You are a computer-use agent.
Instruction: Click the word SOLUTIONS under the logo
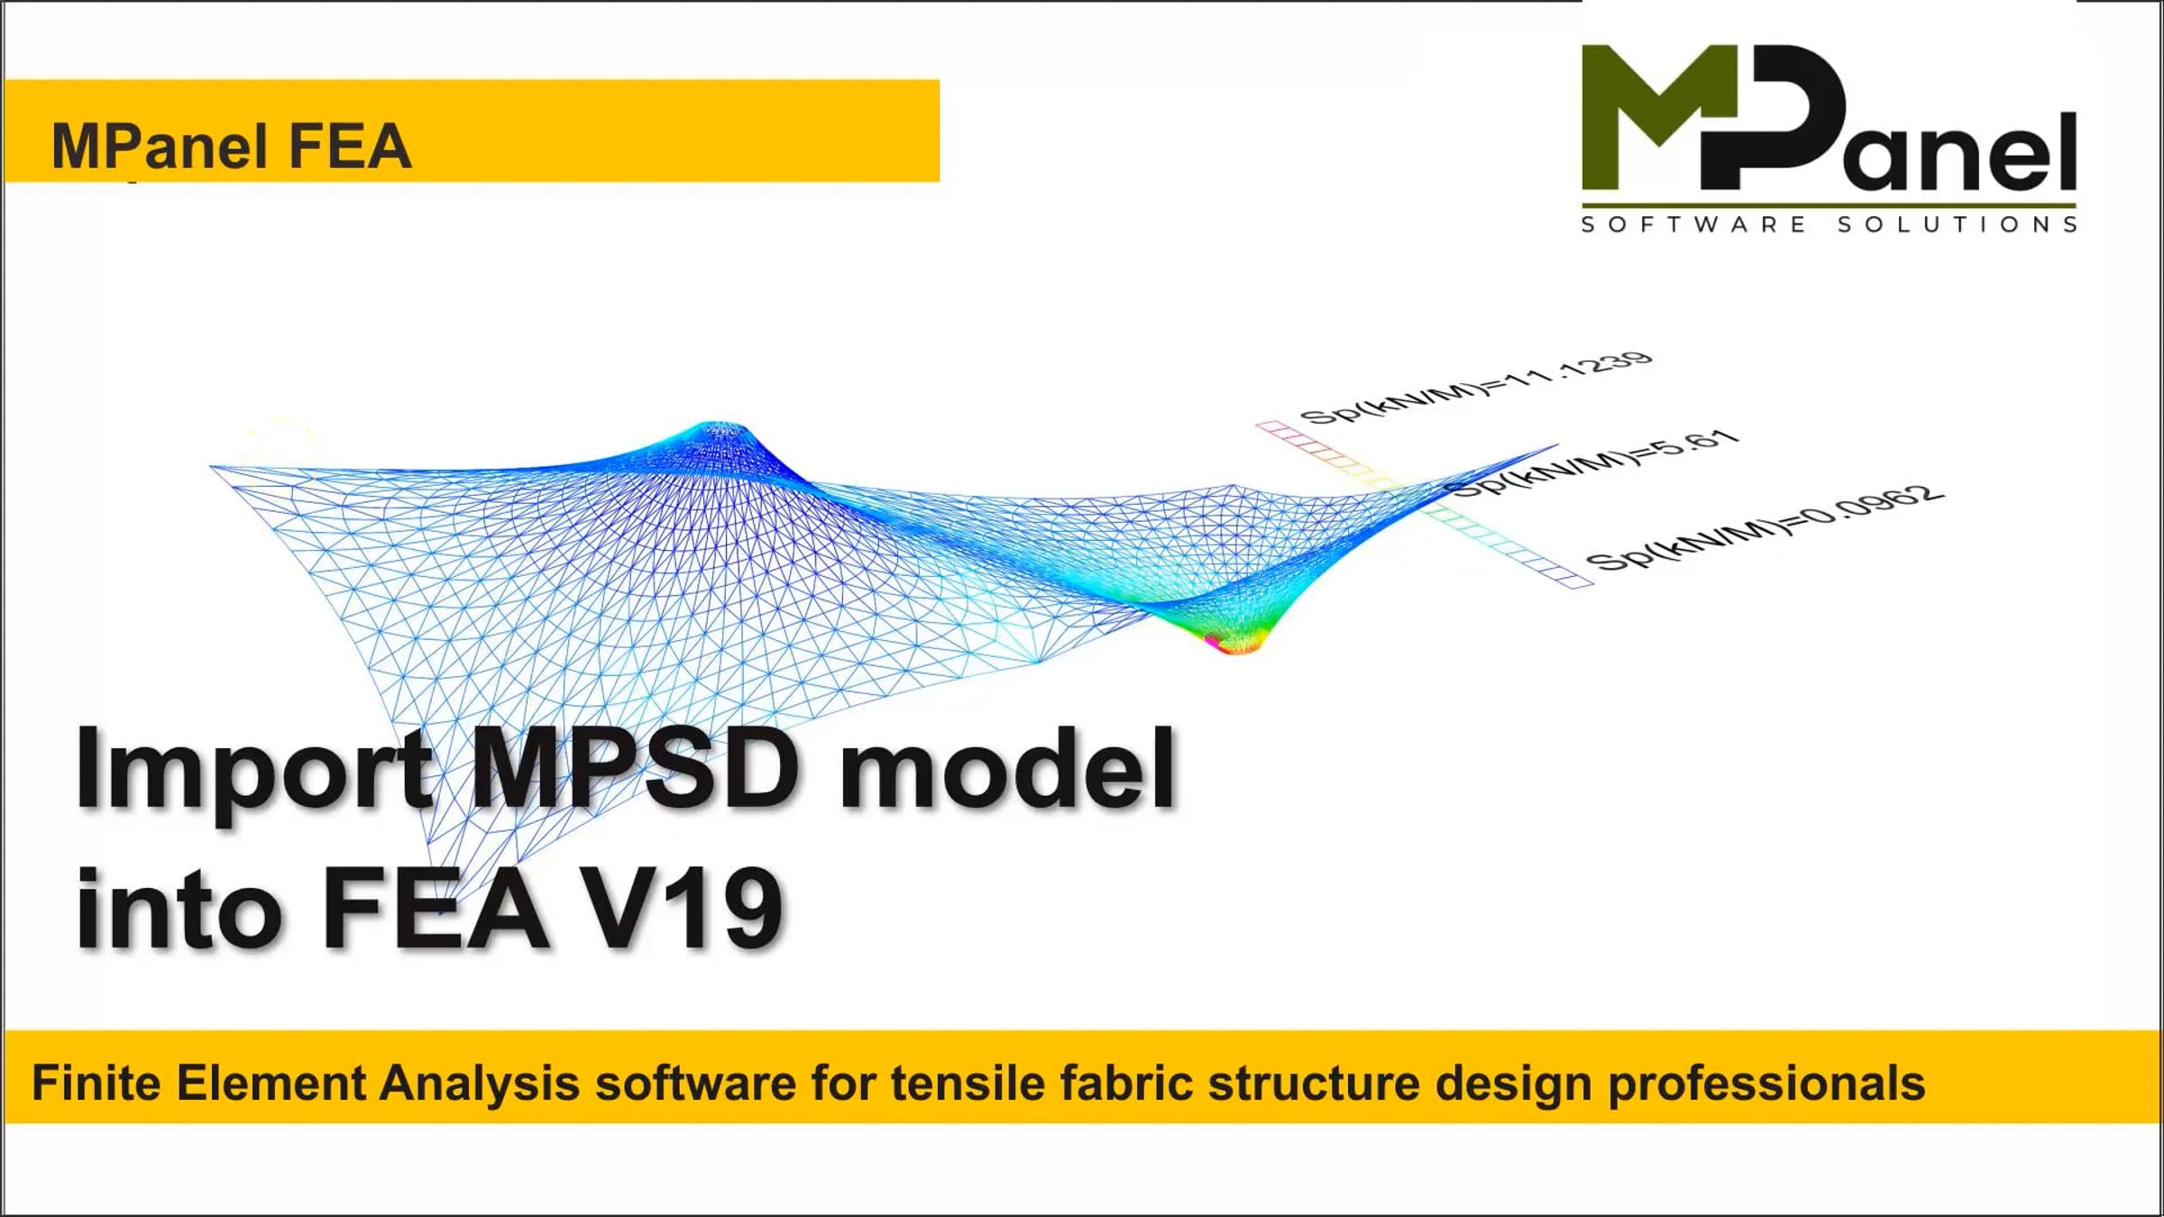(1958, 224)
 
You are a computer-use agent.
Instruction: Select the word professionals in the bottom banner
(1766, 1083)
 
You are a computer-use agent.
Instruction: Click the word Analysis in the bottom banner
(479, 1083)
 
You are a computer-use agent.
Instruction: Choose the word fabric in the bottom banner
(1126, 1083)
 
